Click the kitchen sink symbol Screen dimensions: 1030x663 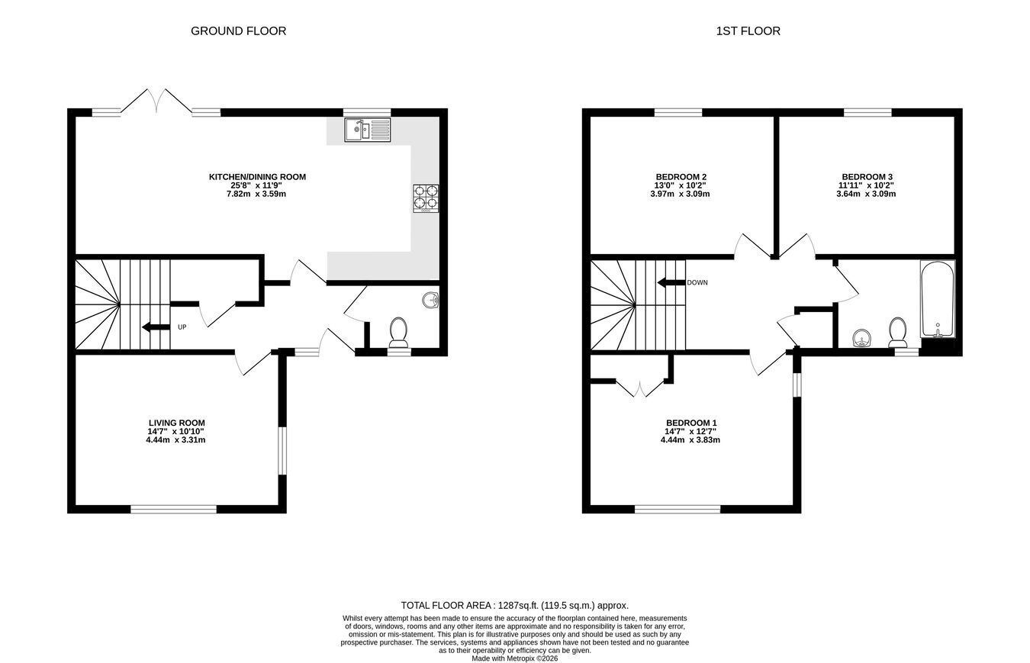click(x=368, y=130)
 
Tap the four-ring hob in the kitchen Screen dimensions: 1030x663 click(x=425, y=198)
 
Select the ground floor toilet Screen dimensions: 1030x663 click(x=398, y=332)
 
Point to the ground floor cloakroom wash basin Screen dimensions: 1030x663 click(x=430, y=301)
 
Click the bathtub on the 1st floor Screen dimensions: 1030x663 click(x=938, y=299)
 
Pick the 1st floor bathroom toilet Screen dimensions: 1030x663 click(x=897, y=332)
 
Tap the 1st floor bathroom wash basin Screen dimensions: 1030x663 click(x=861, y=338)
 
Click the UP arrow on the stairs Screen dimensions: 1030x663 click(x=156, y=327)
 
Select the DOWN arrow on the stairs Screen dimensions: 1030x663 click(x=671, y=282)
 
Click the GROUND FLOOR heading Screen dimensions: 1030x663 click(x=238, y=31)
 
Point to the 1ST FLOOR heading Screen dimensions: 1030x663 click(x=748, y=31)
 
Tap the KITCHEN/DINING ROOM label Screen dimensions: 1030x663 click(x=257, y=176)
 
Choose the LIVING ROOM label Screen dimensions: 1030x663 click(x=176, y=423)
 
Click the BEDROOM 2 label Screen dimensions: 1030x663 click(x=681, y=176)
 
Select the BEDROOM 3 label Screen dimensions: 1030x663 click(x=867, y=176)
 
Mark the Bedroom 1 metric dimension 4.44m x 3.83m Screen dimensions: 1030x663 click(x=690, y=439)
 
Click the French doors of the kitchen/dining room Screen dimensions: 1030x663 click(x=156, y=101)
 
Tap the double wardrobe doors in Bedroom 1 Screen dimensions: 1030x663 click(x=640, y=388)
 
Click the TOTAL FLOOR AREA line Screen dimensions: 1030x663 click(x=514, y=605)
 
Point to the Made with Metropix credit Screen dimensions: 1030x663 click(x=515, y=658)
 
